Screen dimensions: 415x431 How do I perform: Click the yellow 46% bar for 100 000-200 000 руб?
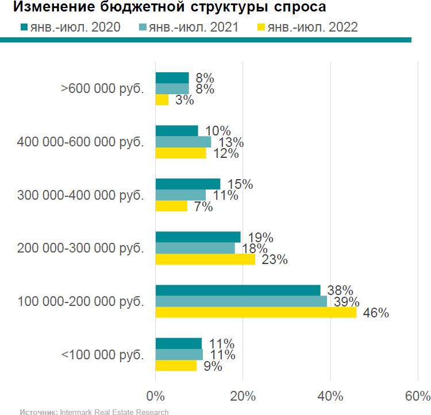[256, 312]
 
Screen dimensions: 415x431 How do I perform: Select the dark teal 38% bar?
[238, 290]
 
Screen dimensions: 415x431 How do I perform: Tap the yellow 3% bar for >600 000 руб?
[162, 100]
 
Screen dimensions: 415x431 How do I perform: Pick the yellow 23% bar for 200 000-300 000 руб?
[205, 259]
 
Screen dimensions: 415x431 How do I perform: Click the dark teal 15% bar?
[188, 184]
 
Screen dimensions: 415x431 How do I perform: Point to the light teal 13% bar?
[183, 142]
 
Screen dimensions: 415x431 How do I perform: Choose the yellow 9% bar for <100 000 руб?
[176, 365]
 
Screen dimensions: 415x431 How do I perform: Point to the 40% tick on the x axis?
[330, 396]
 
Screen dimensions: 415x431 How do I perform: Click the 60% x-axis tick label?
[418, 396]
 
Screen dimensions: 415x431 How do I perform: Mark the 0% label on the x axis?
[155, 396]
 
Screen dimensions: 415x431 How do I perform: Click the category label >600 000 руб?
[102, 89]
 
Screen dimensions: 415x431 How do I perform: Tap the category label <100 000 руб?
[102, 355]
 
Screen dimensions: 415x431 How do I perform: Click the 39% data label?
[347, 302]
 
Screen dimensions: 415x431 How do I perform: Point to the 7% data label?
[203, 207]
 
